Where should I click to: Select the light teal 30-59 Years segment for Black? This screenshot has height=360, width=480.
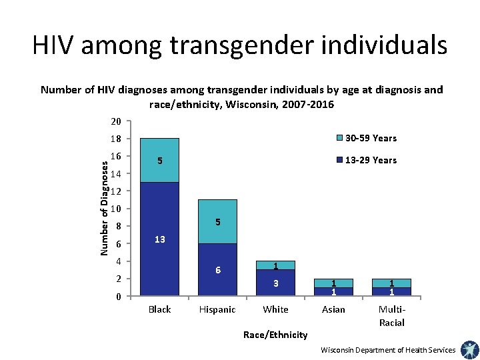click(160, 160)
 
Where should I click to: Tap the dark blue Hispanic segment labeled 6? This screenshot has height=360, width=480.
click(217, 270)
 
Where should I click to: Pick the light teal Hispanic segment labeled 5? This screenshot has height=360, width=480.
click(217, 221)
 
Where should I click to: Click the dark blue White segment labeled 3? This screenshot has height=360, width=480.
click(275, 283)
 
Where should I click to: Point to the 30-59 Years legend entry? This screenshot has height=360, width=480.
click(370, 138)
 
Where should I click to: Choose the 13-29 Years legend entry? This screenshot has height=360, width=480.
click(370, 160)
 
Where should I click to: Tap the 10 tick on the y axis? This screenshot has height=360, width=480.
click(115, 209)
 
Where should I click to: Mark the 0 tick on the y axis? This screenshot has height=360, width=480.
click(117, 297)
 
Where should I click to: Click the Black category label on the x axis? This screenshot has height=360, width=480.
click(160, 309)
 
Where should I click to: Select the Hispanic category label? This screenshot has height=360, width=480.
click(217, 309)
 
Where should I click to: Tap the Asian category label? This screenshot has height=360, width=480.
click(333, 309)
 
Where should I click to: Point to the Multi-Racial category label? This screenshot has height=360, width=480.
click(391, 315)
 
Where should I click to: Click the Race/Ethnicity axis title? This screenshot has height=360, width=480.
click(275, 335)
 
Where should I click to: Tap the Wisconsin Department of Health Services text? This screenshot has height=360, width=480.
click(388, 350)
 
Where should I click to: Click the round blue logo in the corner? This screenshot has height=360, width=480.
click(469, 349)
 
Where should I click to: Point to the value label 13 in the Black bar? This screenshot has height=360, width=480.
click(160, 239)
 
